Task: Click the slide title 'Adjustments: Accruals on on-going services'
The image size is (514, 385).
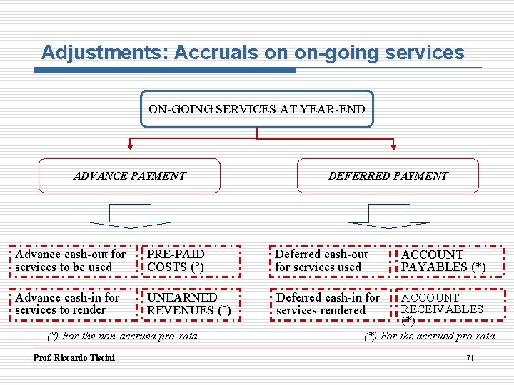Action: (253, 53)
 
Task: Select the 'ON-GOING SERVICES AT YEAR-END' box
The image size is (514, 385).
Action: (257, 109)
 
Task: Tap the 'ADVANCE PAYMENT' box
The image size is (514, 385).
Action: (129, 175)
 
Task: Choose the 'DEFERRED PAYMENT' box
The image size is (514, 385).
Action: (388, 175)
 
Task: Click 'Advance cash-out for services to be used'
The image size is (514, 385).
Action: (70, 260)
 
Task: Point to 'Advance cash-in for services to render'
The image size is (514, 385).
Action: (67, 303)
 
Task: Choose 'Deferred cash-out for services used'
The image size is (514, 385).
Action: (321, 260)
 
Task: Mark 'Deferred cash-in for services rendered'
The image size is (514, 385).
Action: (328, 304)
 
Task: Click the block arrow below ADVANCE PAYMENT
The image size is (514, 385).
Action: (131, 216)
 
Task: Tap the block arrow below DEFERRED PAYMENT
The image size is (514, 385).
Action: (388, 216)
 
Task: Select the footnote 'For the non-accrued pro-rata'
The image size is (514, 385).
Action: (121, 335)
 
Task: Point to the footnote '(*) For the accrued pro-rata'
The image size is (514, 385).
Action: (429, 335)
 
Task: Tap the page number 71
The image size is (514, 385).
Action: (469, 358)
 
